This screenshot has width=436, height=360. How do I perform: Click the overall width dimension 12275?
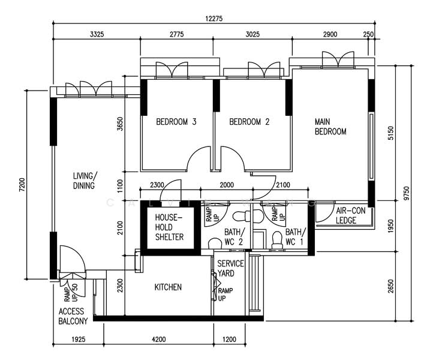click(x=214, y=19)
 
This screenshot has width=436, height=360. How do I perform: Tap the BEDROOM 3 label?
click(x=176, y=122)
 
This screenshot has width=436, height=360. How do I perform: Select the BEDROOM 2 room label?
click(x=249, y=122)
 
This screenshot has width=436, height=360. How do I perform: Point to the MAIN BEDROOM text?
click(x=330, y=127)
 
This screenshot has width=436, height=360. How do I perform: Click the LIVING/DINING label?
click(x=84, y=181)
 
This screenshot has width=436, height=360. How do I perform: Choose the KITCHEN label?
click(x=168, y=287)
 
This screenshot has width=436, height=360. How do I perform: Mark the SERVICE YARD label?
click(x=229, y=268)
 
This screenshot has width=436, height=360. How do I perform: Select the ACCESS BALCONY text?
click(x=73, y=316)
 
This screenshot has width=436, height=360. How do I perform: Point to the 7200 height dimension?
click(x=22, y=185)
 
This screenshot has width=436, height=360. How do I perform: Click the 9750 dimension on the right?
click(x=407, y=193)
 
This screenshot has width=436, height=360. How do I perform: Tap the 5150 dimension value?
click(x=391, y=133)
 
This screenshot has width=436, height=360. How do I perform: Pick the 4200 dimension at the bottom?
click(x=158, y=340)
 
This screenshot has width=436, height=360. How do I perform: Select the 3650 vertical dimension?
click(x=120, y=124)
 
